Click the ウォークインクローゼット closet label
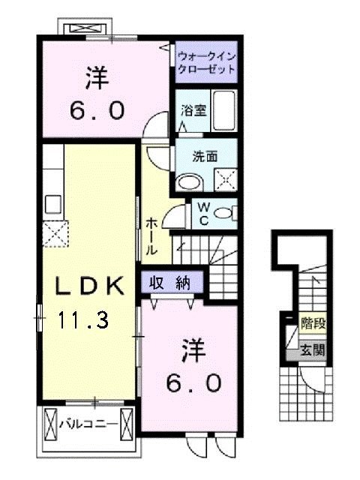click(x=207, y=62)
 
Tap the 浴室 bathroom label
click(x=193, y=110)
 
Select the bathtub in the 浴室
click(x=224, y=110)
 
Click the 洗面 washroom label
click(x=205, y=156)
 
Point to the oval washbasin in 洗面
click(x=190, y=182)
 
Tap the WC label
click(x=203, y=214)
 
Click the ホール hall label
click(x=151, y=237)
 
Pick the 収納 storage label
click(x=170, y=283)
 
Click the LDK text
click(x=89, y=286)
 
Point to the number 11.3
click(x=83, y=320)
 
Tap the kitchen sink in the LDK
click(x=53, y=204)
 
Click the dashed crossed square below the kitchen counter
click(x=55, y=233)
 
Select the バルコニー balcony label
click(x=88, y=424)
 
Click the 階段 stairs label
click(x=313, y=323)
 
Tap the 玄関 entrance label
click(x=312, y=350)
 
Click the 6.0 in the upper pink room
click(x=97, y=111)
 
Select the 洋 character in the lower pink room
click(x=193, y=350)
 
